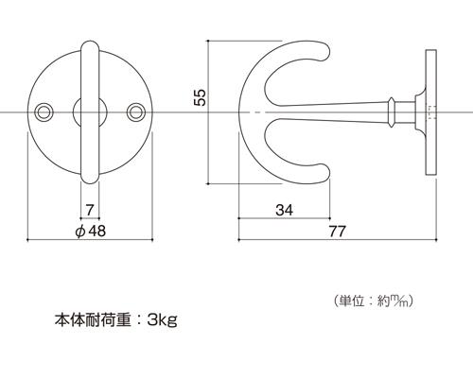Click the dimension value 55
point(200,97)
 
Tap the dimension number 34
point(284,210)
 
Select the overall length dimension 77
point(338,232)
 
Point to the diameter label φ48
point(91,232)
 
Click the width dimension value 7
point(90,210)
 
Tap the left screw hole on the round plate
point(44,112)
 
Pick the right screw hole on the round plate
point(136,112)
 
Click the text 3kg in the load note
point(162,320)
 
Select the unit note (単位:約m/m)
point(374,301)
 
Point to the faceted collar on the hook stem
point(392,112)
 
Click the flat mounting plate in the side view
point(431,112)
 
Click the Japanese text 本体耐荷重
point(93,320)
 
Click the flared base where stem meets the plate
point(420,112)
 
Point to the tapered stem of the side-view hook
point(331,112)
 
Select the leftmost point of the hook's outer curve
point(238,112)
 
